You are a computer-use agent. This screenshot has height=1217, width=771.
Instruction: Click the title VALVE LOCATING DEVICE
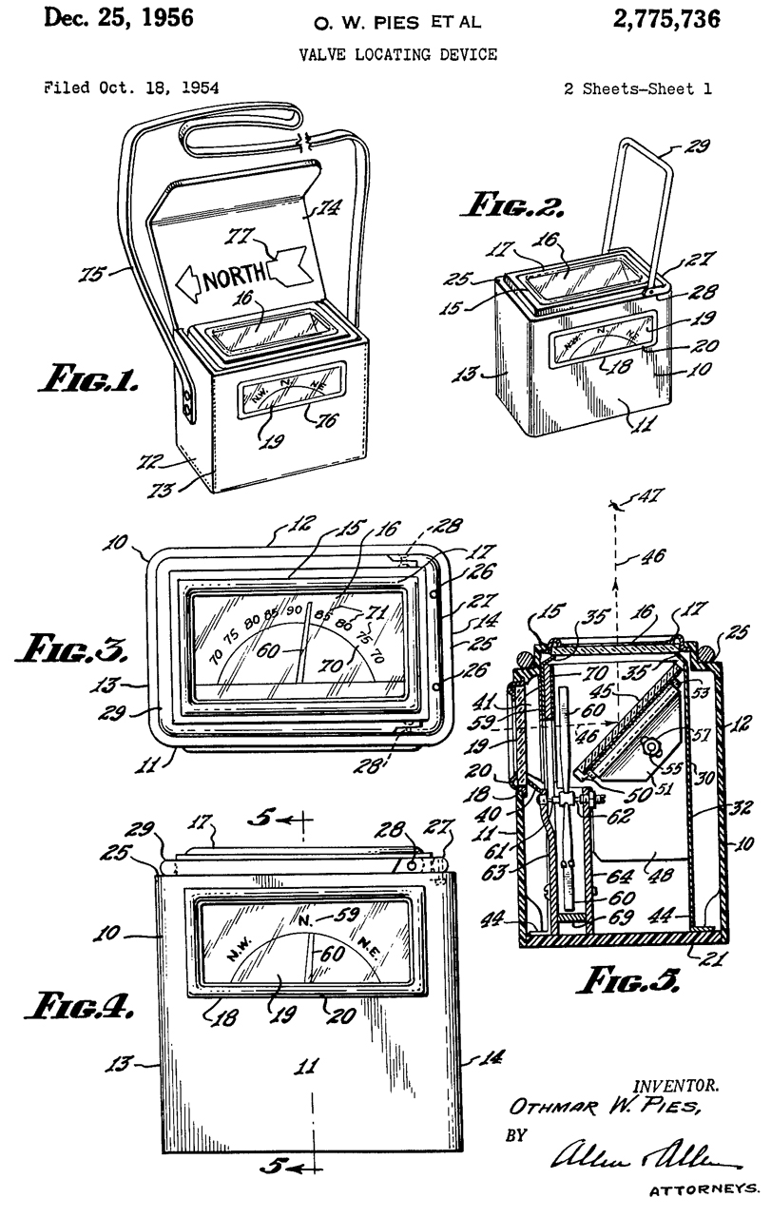397,54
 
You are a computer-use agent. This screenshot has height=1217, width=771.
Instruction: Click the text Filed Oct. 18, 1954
118,87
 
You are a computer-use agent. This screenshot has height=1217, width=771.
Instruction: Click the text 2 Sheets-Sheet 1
636,87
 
